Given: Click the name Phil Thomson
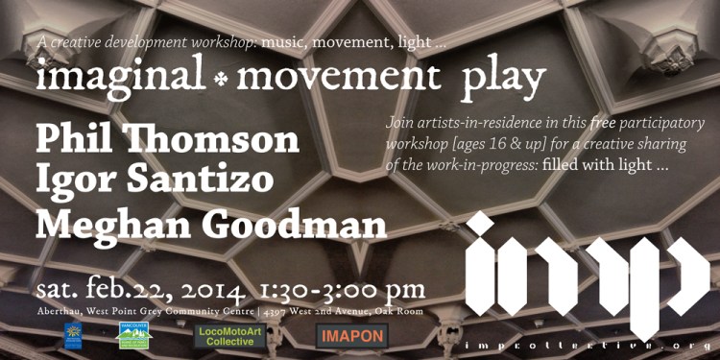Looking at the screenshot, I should point(168,140).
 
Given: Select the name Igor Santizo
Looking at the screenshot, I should point(155,180).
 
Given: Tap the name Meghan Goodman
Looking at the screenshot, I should point(211,224).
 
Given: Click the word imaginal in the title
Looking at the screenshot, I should point(120,75).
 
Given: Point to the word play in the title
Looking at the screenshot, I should point(503,77).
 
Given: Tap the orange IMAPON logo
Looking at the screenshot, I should point(351,335).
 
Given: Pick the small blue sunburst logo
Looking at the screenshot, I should point(73,335).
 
